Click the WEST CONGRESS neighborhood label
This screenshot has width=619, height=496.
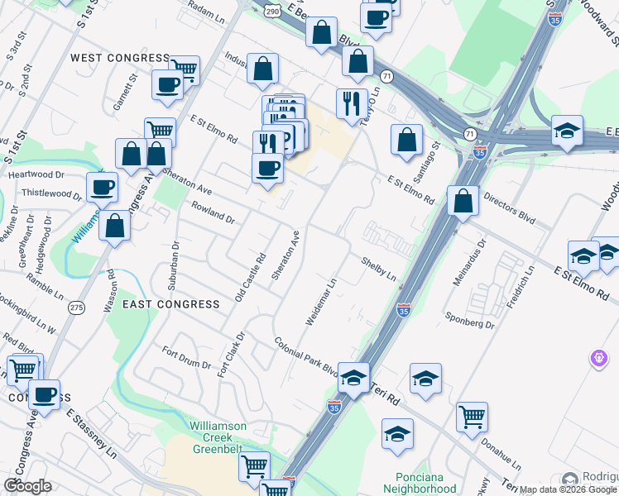pos(120,58)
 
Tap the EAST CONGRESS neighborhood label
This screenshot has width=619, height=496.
pos(171,304)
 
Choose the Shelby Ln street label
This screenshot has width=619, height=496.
pos(378,267)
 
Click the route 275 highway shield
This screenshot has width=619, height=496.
pos(77,308)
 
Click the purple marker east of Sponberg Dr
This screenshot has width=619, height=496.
pos(599,359)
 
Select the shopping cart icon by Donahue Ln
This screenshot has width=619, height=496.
pos(472,417)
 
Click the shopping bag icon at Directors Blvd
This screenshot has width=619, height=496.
pos(463,200)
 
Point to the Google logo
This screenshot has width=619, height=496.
pos(27,486)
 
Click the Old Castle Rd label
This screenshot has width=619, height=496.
pos(249,276)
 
